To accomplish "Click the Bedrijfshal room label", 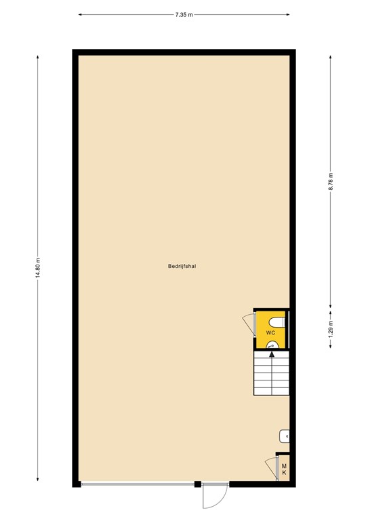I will click(x=182, y=267).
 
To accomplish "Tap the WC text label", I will click(x=270, y=333).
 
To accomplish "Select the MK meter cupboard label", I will click(x=285, y=469).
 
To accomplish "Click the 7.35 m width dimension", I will click(x=184, y=14).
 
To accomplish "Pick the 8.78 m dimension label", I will click(x=331, y=182).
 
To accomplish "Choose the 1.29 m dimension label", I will click(x=331, y=329).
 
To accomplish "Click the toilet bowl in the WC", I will click(x=277, y=320).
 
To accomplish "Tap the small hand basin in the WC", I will click(x=271, y=344).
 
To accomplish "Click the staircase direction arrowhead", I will click(x=271, y=353).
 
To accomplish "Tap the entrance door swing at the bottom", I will click(x=211, y=499).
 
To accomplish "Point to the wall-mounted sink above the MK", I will click(x=285, y=435).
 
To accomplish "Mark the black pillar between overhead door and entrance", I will click(x=197, y=484).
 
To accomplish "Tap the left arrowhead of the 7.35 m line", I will click(x=80, y=14).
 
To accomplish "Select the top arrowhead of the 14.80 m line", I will click(x=39, y=57).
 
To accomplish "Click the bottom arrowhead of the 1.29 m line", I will click(x=331, y=347).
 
